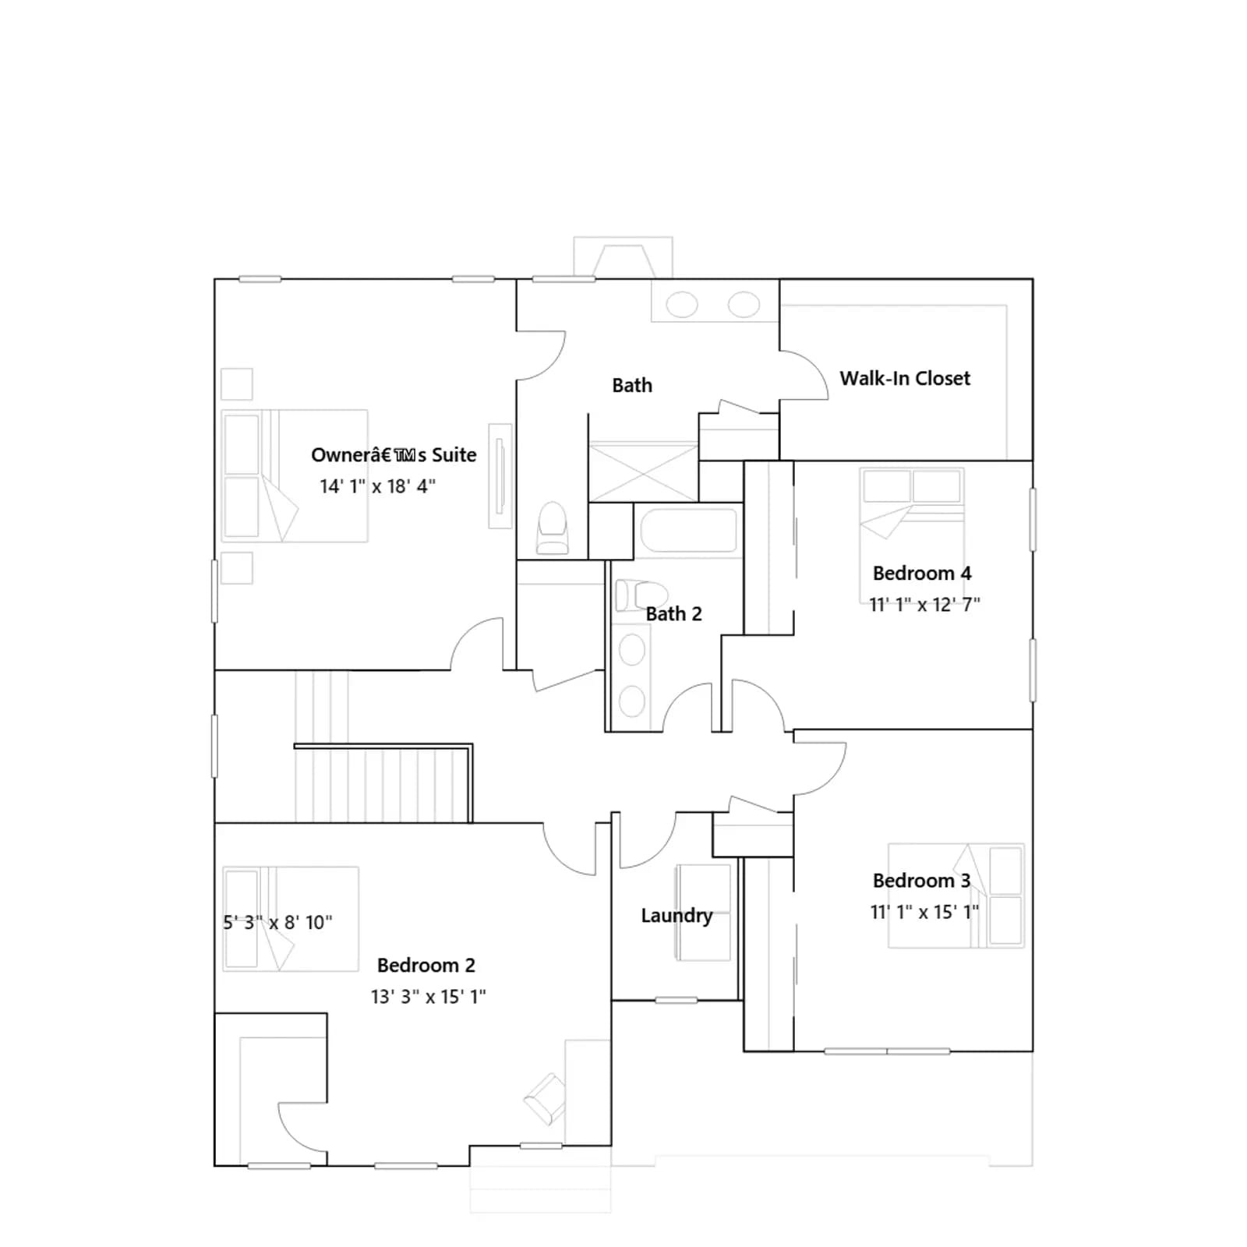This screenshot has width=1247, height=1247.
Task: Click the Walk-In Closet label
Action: click(x=905, y=379)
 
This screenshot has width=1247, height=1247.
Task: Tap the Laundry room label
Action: click(x=676, y=916)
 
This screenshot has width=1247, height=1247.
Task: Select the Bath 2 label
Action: click(x=673, y=614)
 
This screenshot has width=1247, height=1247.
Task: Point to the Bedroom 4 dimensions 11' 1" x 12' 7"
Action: click(x=924, y=605)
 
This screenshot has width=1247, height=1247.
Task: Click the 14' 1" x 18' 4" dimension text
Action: click(x=377, y=486)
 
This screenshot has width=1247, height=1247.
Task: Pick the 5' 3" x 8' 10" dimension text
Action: click(x=277, y=923)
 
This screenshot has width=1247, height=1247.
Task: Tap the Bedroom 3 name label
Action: click(x=921, y=881)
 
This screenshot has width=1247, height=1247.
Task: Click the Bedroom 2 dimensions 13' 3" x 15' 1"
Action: click(x=428, y=997)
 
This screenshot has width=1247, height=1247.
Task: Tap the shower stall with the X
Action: click(x=643, y=472)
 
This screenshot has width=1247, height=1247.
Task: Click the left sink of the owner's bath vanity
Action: click(x=682, y=305)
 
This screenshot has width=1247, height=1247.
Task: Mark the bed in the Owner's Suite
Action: click(x=295, y=475)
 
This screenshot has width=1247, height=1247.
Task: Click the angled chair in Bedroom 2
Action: click(x=545, y=1099)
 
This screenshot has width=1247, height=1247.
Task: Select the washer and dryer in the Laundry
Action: click(x=704, y=912)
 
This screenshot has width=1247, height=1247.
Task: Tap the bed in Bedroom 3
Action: click(x=956, y=896)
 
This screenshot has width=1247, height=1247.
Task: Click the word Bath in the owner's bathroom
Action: click(x=632, y=386)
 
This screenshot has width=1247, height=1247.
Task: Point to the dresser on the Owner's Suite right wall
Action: click(x=500, y=476)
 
